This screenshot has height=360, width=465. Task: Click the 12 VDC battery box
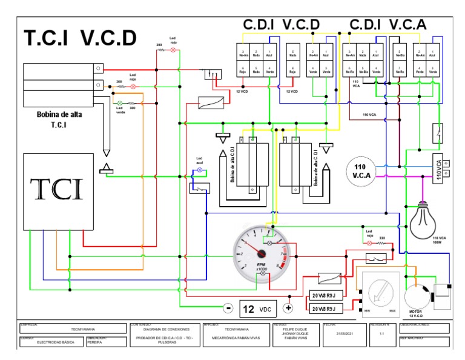pos(257,308)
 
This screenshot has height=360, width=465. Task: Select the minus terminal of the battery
pos(228,308)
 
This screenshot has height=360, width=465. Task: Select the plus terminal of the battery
pos(288,308)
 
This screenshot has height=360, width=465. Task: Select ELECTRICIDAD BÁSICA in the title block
pos(56,342)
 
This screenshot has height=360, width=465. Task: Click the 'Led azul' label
pos(199,161)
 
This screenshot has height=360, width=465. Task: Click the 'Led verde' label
pos(120,110)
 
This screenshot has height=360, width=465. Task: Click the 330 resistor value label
pos(382,237)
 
